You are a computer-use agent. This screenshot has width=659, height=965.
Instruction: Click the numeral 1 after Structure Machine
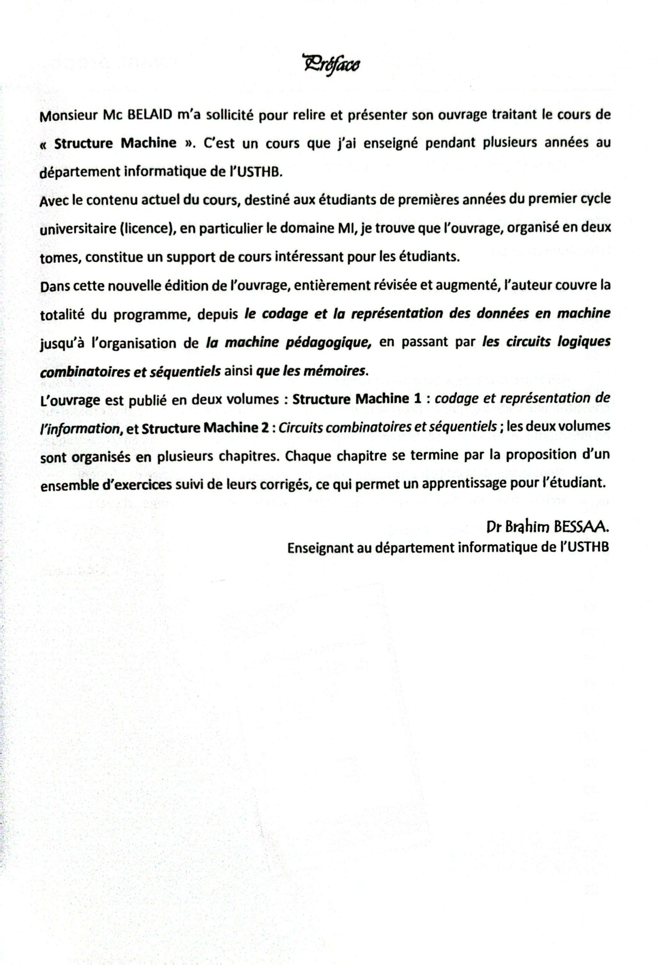point(418,398)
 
